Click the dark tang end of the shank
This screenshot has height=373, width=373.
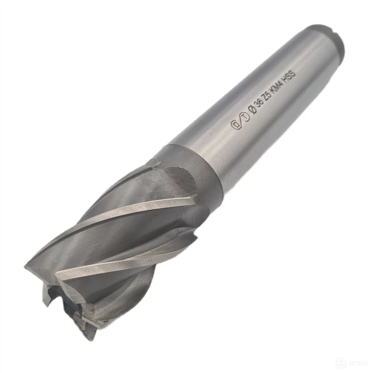(330, 40)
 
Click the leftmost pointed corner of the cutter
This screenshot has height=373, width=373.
(26, 266)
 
